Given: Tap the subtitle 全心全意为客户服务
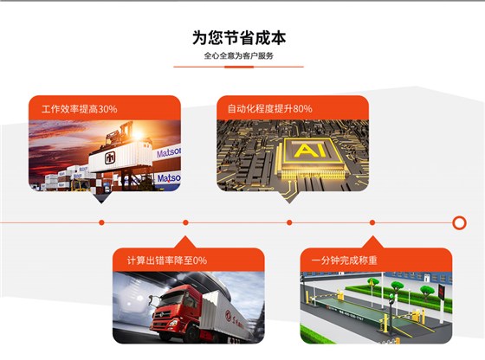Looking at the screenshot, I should (239, 56).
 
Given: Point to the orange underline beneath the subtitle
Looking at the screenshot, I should (239, 67).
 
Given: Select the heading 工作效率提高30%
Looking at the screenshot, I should (74, 109).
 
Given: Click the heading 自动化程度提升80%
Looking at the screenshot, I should (269, 109).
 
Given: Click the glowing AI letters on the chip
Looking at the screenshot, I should (304, 151).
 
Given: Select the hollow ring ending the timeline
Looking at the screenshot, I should (459, 222).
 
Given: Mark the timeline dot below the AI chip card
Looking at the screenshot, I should (289, 222).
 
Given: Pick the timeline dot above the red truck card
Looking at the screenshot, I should (184, 222).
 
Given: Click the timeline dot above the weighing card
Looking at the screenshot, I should (372, 222).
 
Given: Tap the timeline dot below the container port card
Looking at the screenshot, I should (101, 222).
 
